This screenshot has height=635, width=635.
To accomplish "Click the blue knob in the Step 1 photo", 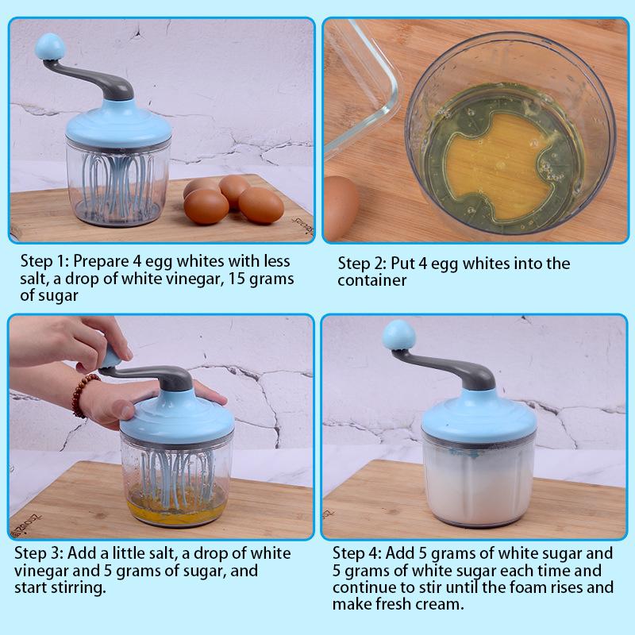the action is click(50, 47).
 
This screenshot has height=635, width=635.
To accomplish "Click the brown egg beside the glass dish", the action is click(341, 207).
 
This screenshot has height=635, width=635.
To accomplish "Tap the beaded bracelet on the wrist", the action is click(83, 394).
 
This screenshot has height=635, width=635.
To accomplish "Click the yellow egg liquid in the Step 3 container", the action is click(176, 508).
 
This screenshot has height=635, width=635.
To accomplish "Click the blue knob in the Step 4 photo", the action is click(399, 335).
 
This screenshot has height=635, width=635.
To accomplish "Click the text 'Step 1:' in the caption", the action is click(44, 261).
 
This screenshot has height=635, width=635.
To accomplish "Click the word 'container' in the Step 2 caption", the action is click(371, 280).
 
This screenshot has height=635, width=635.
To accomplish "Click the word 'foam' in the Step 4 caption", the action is click(532, 587).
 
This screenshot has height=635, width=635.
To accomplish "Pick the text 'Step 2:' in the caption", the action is click(363, 264).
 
